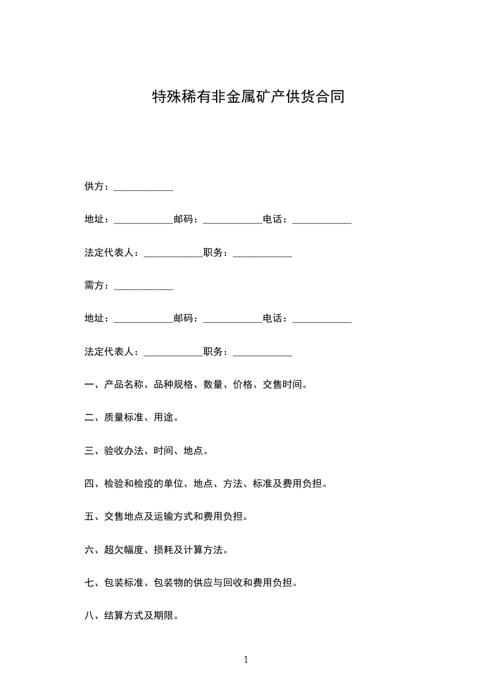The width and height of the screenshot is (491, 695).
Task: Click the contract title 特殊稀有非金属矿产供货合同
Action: [x=248, y=97]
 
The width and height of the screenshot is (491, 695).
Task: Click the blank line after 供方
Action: [x=144, y=188]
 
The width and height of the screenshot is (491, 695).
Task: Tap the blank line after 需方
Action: [x=144, y=287]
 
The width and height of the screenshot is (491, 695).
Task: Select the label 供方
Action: [x=94, y=186]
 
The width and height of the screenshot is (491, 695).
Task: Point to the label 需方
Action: [x=94, y=286]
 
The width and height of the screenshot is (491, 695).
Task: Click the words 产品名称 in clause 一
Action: [x=124, y=385]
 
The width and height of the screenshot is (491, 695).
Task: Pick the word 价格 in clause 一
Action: [x=243, y=385]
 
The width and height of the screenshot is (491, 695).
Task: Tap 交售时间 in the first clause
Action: [x=282, y=385]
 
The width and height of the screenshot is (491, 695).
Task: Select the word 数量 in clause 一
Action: [x=214, y=385]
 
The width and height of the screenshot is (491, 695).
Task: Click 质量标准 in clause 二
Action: [x=124, y=417]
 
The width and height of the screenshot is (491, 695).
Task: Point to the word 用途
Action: [x=164, y=417]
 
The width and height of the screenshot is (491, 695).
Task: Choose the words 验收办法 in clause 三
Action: [x=124, y=451]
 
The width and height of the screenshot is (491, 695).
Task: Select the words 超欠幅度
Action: [x=124, y=549]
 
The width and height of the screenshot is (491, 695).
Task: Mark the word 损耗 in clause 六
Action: [x=164, y=549]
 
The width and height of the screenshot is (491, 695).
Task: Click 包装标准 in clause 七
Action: [x=124, y=583]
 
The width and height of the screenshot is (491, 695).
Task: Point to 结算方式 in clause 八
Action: [x=124, y=616]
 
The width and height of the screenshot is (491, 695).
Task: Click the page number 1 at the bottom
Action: [x=246, y=660]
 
